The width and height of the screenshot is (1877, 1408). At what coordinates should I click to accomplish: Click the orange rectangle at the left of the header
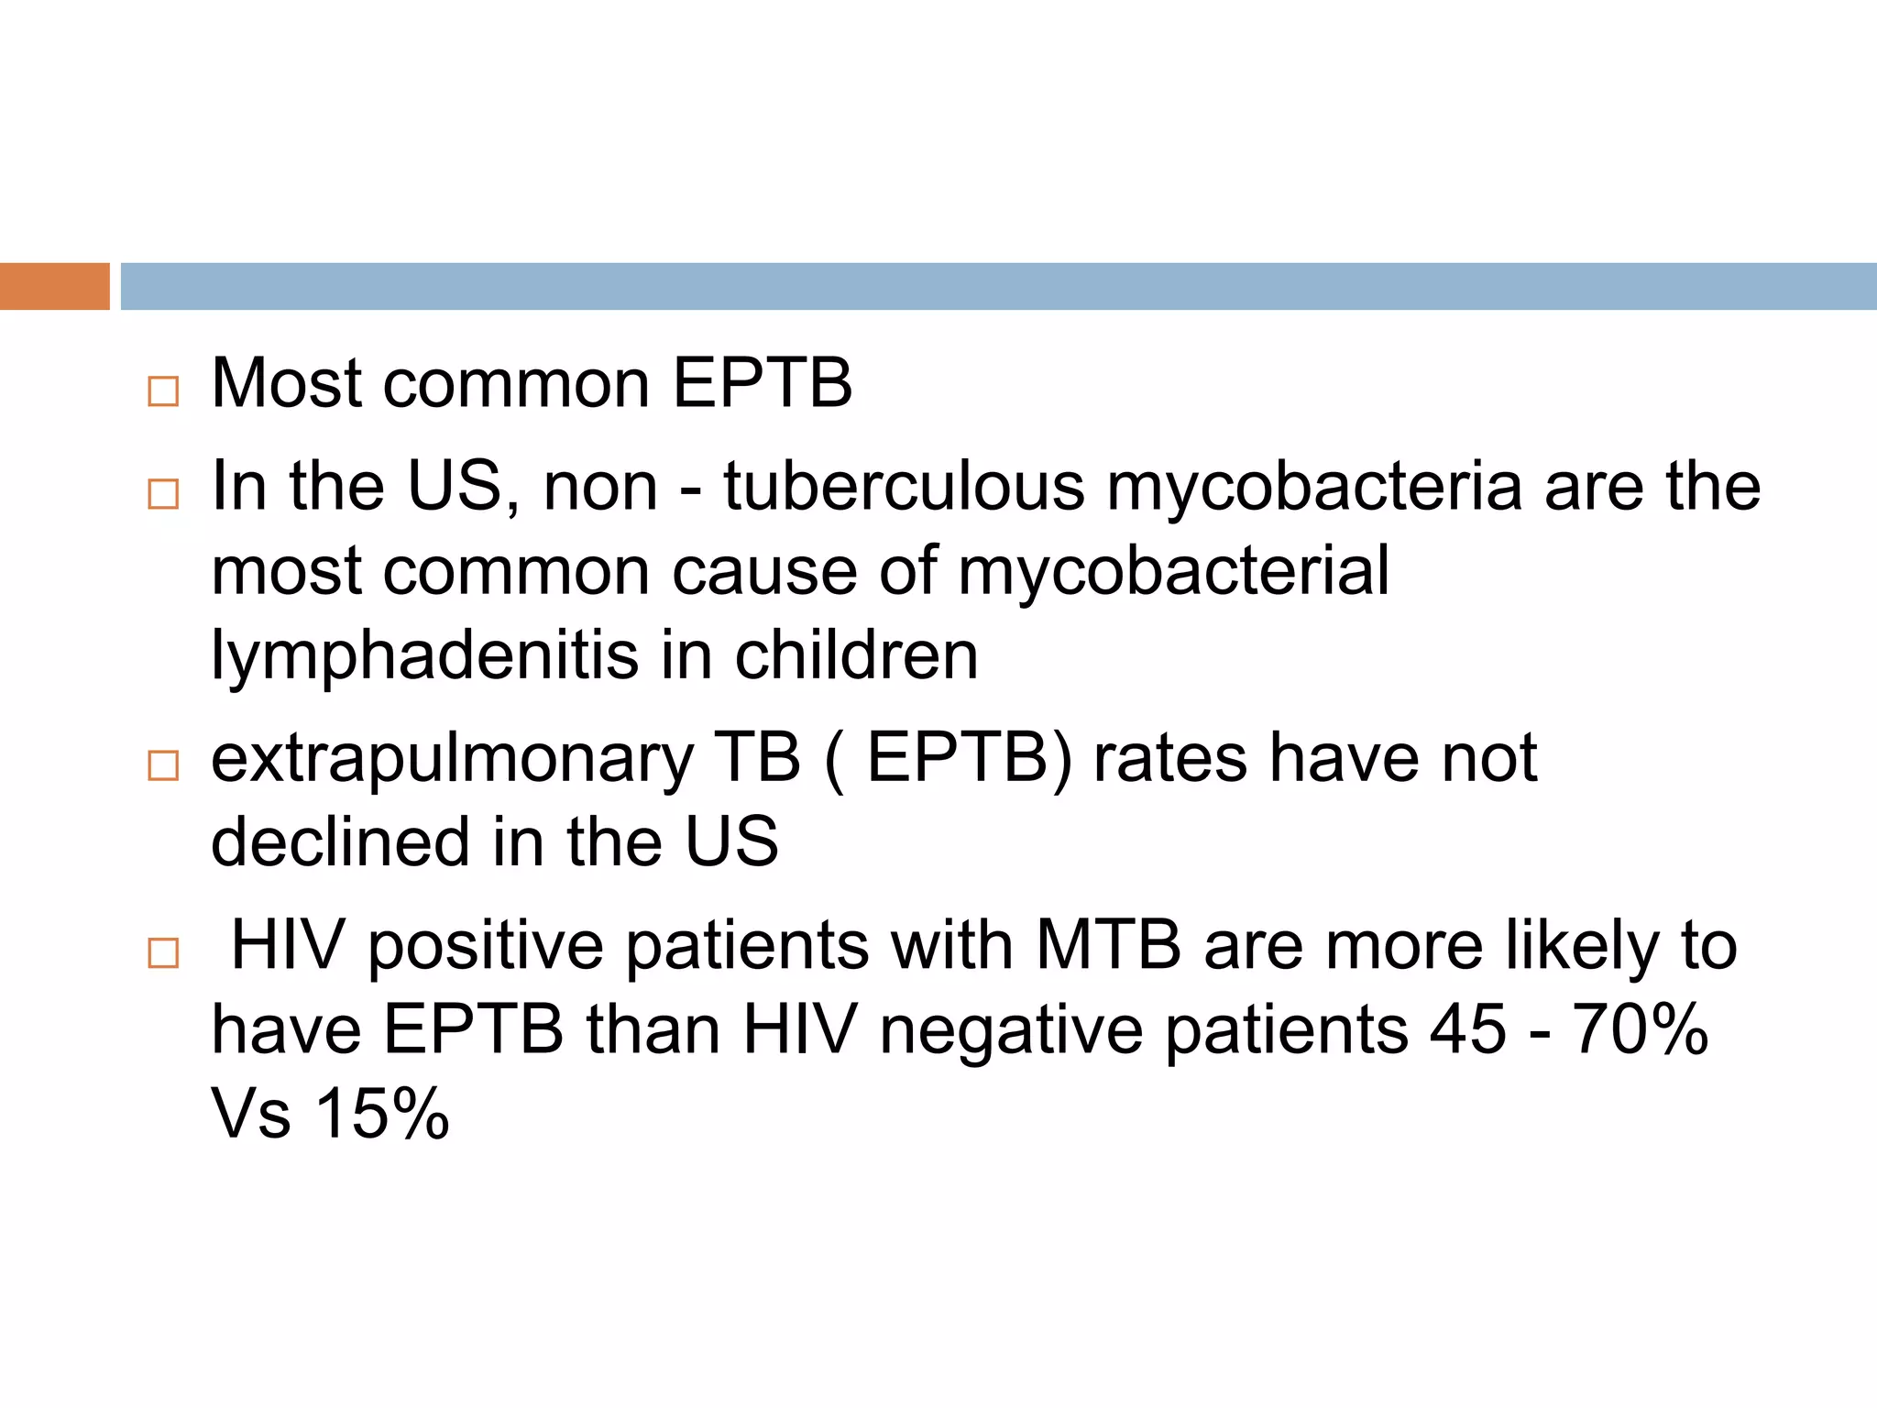pos(54,286)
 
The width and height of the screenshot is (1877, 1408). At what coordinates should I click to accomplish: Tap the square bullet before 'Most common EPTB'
pos(163,391)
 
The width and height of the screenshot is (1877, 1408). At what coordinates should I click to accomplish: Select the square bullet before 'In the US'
pos(163,494)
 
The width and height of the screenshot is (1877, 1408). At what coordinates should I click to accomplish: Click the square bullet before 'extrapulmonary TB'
pos(163,764)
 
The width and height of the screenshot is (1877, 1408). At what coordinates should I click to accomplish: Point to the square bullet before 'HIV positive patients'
pos(163,952)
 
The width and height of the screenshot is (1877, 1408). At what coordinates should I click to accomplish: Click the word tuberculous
pos(904,486)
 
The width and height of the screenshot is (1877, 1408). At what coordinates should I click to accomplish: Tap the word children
pos(856,654)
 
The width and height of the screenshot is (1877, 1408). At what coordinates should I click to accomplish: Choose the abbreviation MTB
pos(1108,945)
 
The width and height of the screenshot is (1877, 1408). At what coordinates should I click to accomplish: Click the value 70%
pos(1641,1029)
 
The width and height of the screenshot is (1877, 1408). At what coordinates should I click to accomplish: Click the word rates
pos(1170,759)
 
